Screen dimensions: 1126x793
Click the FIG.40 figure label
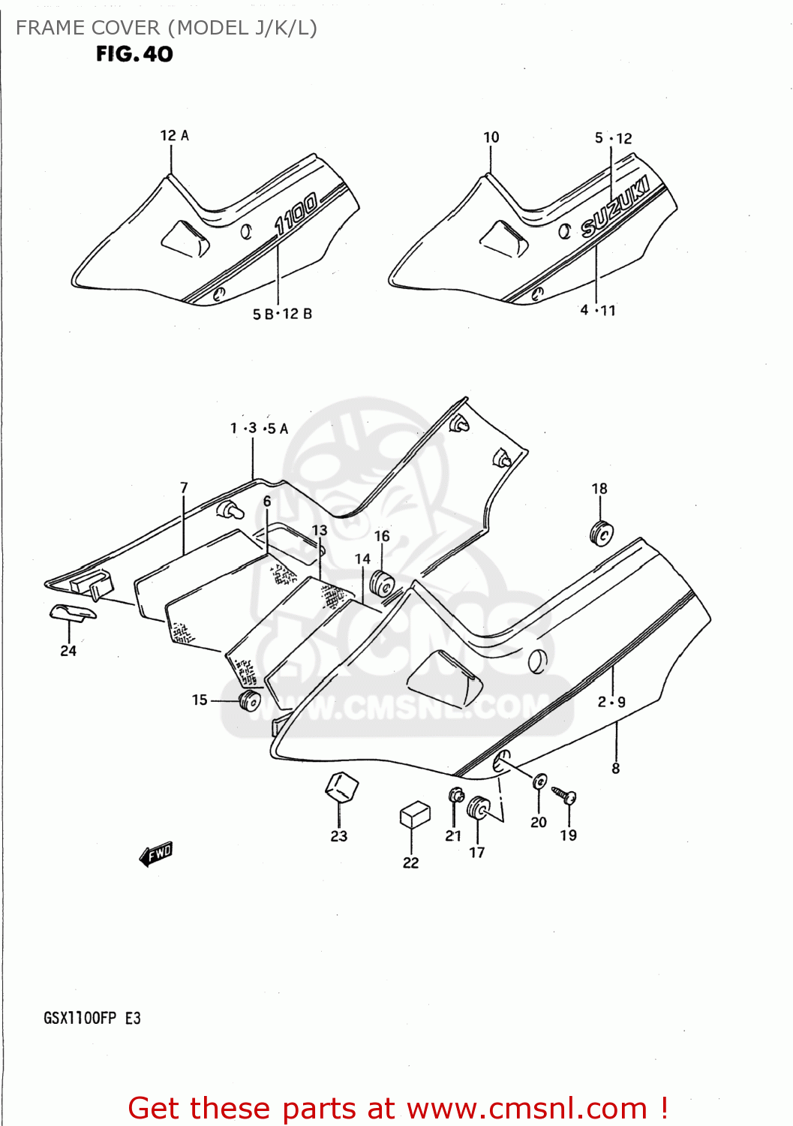[134, 54]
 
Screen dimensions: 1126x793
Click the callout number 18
[599, 489]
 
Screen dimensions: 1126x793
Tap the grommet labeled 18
[602, 533]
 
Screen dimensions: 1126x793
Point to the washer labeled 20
[539, 782]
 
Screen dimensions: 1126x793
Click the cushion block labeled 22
[415, 814]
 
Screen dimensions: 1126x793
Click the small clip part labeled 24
[73, 613]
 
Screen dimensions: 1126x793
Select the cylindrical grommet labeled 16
[382, 583]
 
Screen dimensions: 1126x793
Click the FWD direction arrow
[156, 854]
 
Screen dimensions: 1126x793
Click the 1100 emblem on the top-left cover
[296, 214]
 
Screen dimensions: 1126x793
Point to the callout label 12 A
[174, 136]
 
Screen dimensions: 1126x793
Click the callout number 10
[491, 137]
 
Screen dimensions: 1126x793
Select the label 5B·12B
[282, 314]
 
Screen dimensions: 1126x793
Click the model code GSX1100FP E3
[92, 1019]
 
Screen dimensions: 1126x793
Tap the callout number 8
[615, 768]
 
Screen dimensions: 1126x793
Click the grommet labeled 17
[477, 809]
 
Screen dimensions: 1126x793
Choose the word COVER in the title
[124, 28]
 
